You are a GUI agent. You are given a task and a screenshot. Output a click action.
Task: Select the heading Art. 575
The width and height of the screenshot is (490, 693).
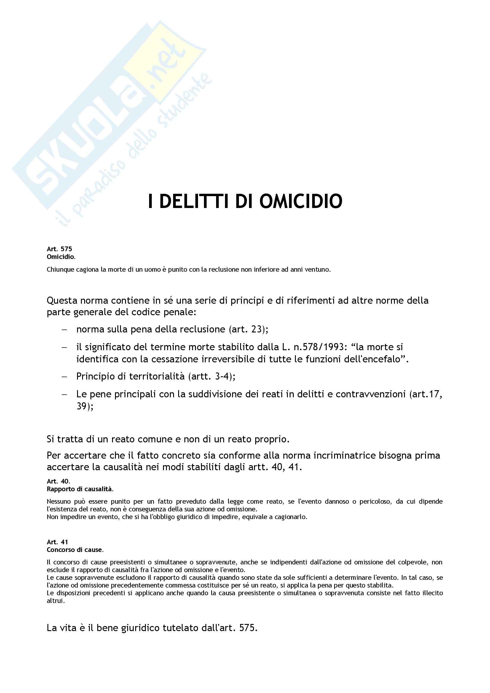(60, 249)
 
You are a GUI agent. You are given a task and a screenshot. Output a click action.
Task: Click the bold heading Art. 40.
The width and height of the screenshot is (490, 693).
(58, 481)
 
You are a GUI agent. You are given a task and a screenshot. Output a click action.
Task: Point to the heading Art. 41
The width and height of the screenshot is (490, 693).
(58, 542)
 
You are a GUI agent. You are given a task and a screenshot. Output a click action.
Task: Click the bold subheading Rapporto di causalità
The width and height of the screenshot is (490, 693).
(80, 489)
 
